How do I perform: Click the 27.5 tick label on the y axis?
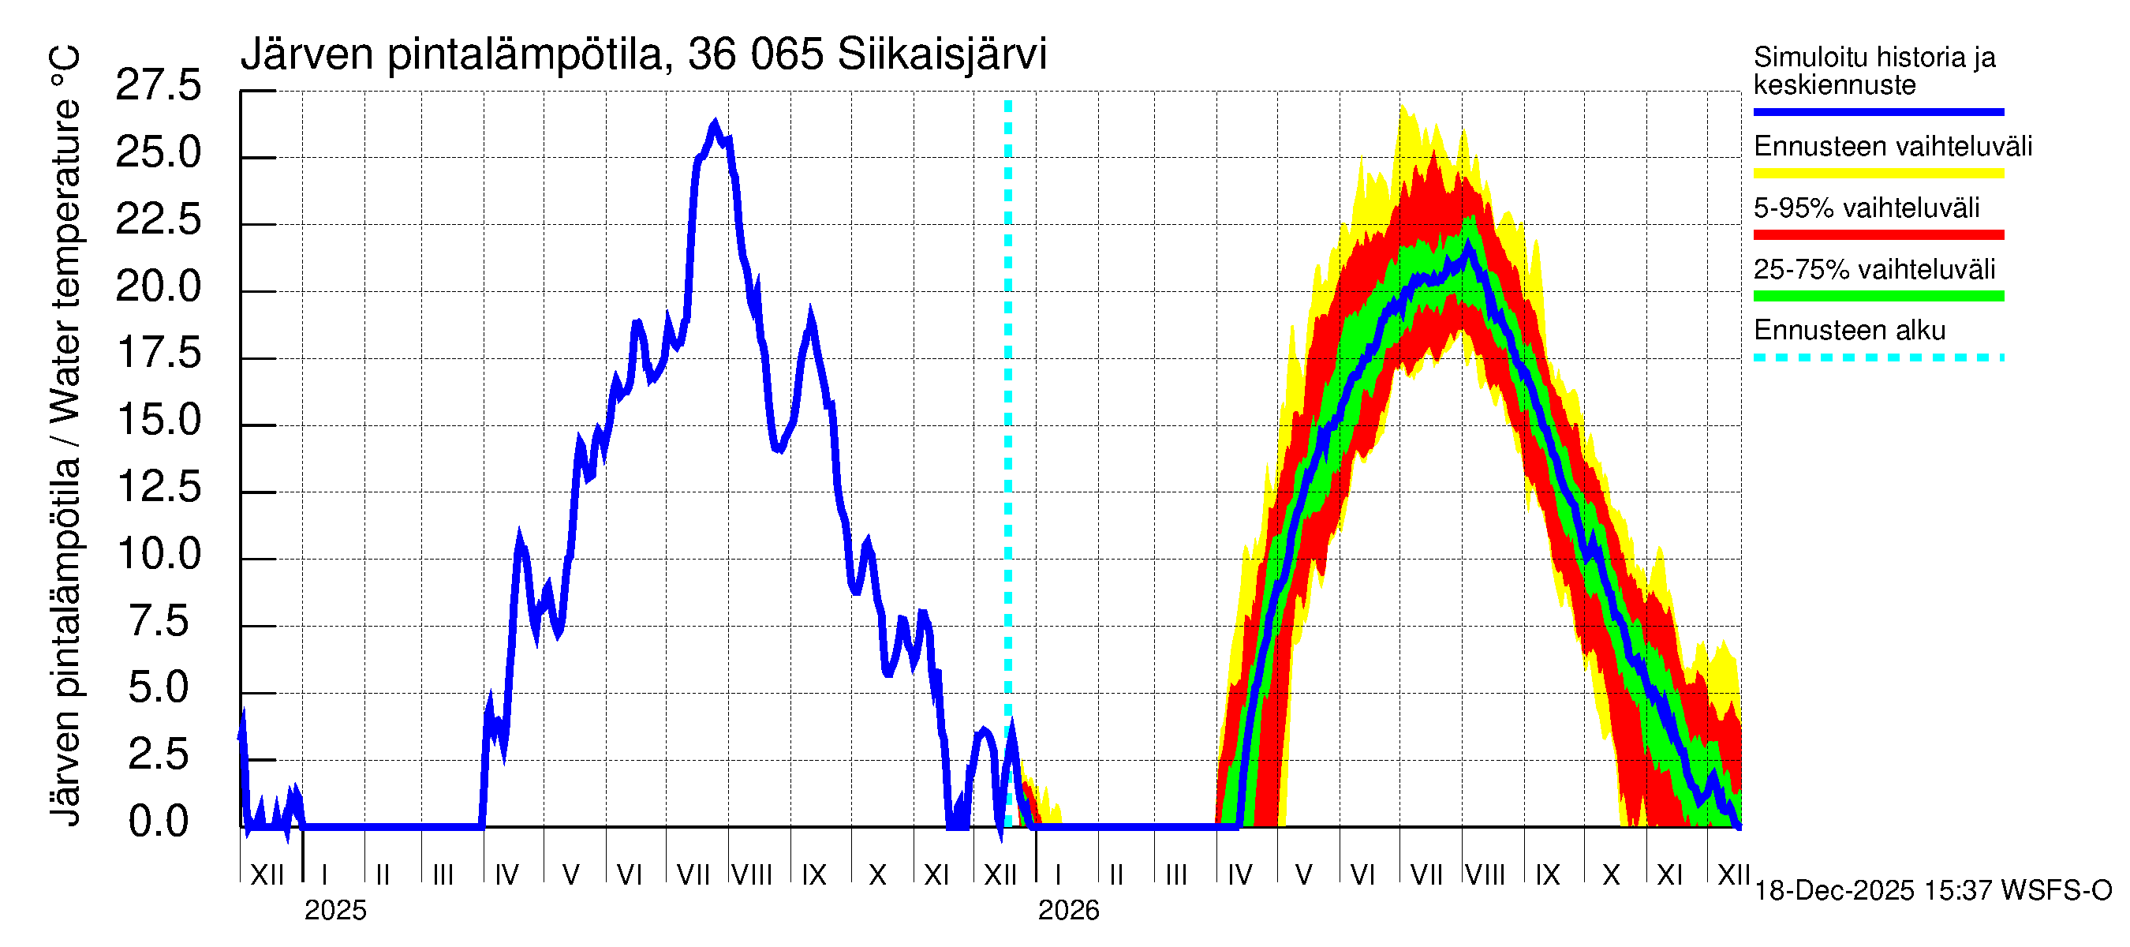pyautogui.click(x=158, y=86)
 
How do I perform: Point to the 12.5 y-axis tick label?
pyautogui.click(x=158, y=487)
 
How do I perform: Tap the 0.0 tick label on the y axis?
pyautogui.click(x=158, y=822)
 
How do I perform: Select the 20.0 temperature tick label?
pyautogui.click(x=158, y=287)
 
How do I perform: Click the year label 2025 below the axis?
pyautogui.click(x=334, y=911)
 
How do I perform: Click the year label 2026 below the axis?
pyautogui.click(x=1068, y=911)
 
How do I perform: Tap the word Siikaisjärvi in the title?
pyautogui.click(x=942, y=54)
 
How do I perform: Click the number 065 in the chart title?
pyautogui.click(x=787, y=54)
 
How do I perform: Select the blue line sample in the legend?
pyautogui.click(x=1878, y=111)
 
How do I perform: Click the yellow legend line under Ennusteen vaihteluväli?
pyautogui.click(x=1878, y=174)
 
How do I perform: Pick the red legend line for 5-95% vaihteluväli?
pyautogui.click(x=1878, y=235)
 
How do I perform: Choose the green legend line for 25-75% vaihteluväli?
pyautogui.click(x=1878, y=296)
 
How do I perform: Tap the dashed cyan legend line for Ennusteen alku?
pyautogui.click(x=1878, y=358)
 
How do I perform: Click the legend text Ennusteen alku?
pyautogui.click(x=1850, y=331)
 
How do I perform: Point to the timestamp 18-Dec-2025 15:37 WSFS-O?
pyautogui.click(x=1932, y=891)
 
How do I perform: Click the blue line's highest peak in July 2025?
pyautogui.click(x=716, y=124)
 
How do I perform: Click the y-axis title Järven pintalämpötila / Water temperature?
pyautogui.click(x=66, y=435)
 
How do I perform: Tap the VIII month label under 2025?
pyautogui.click(x=752, y=875)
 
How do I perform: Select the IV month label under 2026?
pyautogui.click(x=1239, y=875)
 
